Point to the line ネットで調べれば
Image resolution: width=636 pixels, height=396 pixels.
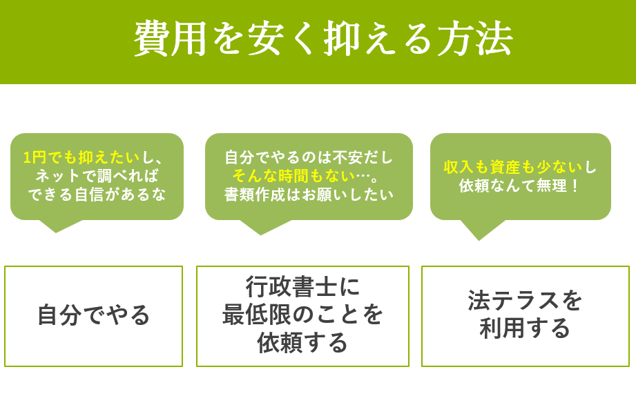pos(97,176)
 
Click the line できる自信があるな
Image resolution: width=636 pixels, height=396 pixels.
pos(97,195)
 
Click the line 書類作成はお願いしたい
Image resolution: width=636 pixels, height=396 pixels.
pos(309,195)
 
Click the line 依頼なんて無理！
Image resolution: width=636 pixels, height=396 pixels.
pos(520,186)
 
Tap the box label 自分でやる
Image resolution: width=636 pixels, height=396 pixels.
pos(93,315)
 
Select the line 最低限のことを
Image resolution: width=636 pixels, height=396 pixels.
pos(302,315)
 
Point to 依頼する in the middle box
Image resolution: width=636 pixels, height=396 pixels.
pos(302,343)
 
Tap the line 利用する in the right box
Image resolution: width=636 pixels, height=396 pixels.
pos(525,329)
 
